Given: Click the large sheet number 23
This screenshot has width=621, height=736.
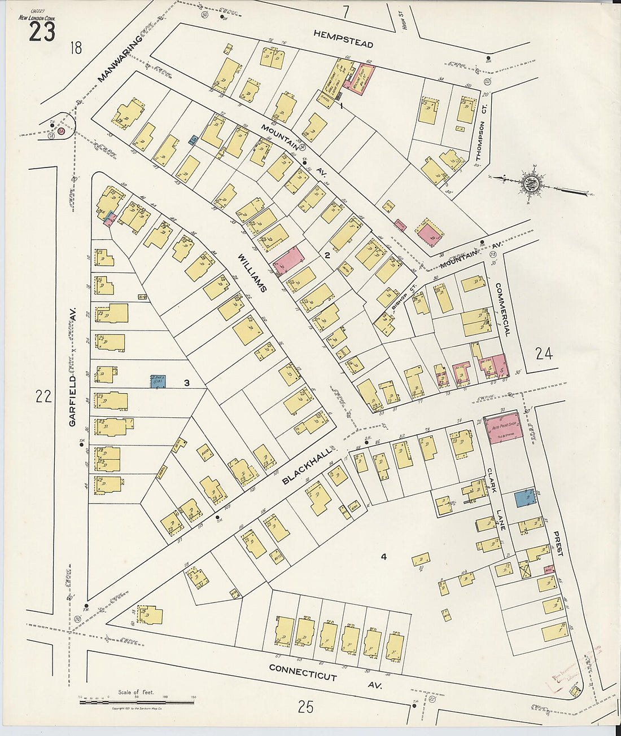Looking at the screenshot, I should [42, 32].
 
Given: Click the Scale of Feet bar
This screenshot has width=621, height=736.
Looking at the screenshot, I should [137, 702].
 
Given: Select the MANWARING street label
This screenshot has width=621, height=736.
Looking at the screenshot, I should [121, 58].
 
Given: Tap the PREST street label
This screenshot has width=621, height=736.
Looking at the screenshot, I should [558, 544].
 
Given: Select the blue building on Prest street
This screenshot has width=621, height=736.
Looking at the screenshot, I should [526, 499].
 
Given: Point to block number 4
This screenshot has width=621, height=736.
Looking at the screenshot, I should [383, 557].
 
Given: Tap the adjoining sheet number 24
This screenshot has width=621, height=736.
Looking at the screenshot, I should [544, 354].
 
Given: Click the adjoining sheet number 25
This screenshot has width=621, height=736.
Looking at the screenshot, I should [305, 707].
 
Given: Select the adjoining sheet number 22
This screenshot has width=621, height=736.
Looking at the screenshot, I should [43, 396].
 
